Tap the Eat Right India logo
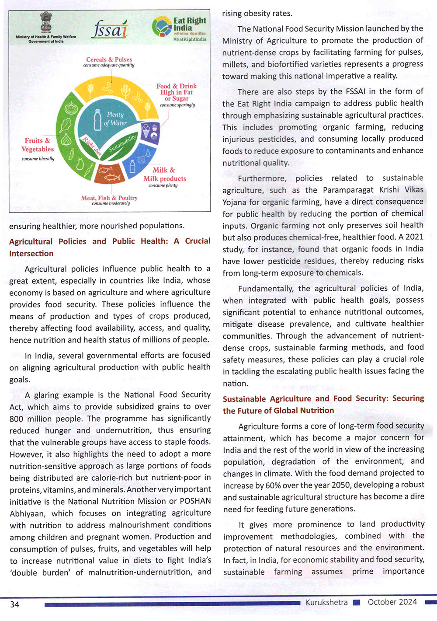(180, 27)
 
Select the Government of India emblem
(46, 23)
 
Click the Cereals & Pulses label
(109, 61)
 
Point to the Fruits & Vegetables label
(38, 146)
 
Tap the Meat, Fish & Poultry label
(109, 199)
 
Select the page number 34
(15, 604)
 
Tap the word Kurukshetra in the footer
(326, 602)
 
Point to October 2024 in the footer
(392, 602)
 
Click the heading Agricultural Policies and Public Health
(110, 247)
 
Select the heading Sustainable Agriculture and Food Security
(323, 405)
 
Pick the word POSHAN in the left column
(196, 501)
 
